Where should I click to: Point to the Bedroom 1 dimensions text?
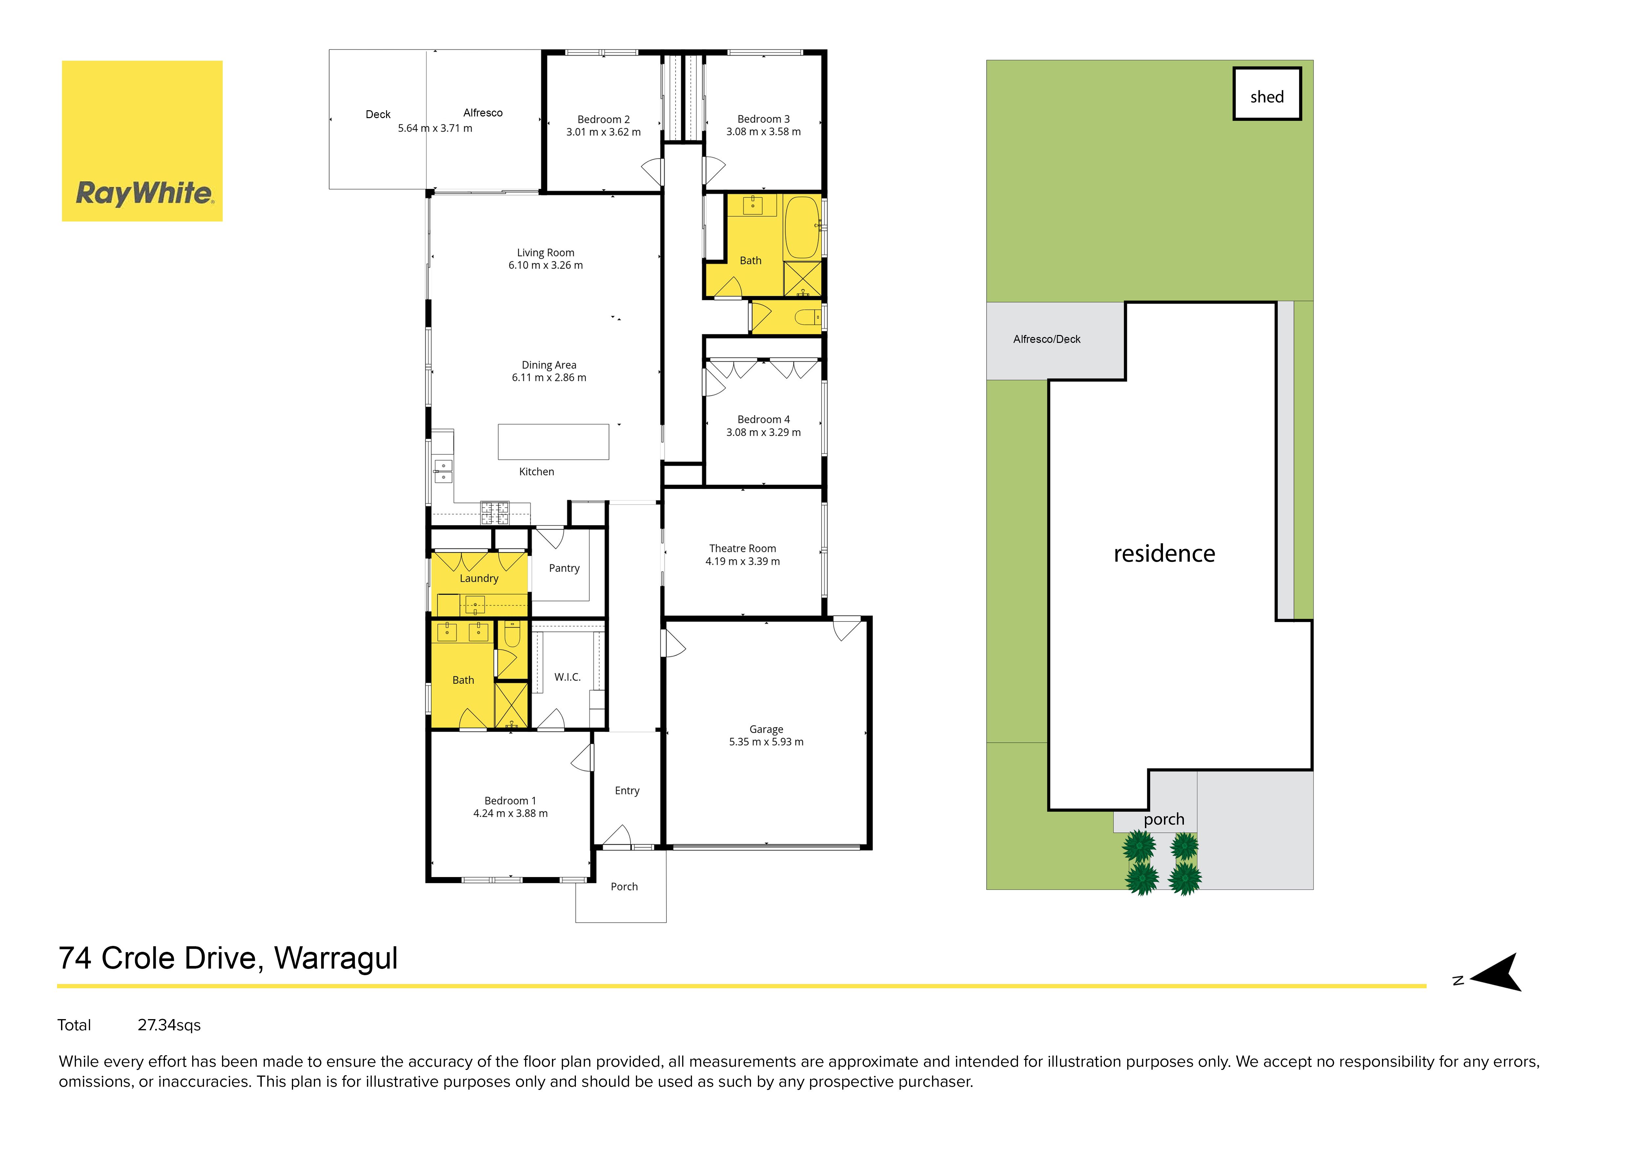[x=510, y=814]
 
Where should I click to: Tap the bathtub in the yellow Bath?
[x=802, y=227]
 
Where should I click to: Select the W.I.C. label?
[x=568, y=678]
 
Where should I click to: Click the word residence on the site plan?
[x=1164, y=554]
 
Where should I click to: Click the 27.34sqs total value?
[x=169, y=1026]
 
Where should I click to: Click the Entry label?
[x=627, y=791]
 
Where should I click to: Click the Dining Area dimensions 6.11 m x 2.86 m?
[x=549, y=378]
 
